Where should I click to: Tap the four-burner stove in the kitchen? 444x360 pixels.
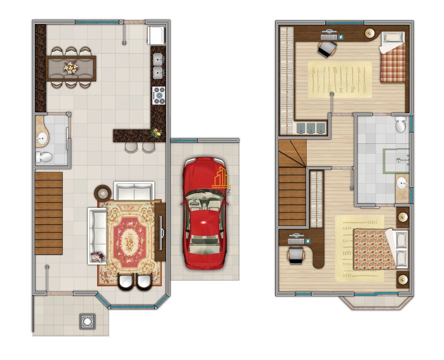pyautogui.click(x=159, y=95)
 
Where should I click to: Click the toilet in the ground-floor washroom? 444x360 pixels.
pyautogui.click(x=43, y=158)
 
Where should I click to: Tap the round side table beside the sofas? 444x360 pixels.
pyautogui.click(x=103, y=192)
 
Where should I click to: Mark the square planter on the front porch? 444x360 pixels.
pyautogui.click(x=87, y=321)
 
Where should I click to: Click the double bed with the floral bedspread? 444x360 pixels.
pyautogui.click(x=378, y=248)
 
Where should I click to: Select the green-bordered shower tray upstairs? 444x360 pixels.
pyautogui.click(x=396, y=161)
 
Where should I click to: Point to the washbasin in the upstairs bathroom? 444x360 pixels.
pyautogui.click(x=402, y=183)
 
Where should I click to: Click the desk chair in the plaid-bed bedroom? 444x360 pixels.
pyautogui.click(x=327, y=49)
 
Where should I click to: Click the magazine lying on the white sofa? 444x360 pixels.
pyautogui.click(x=97, y=256)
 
